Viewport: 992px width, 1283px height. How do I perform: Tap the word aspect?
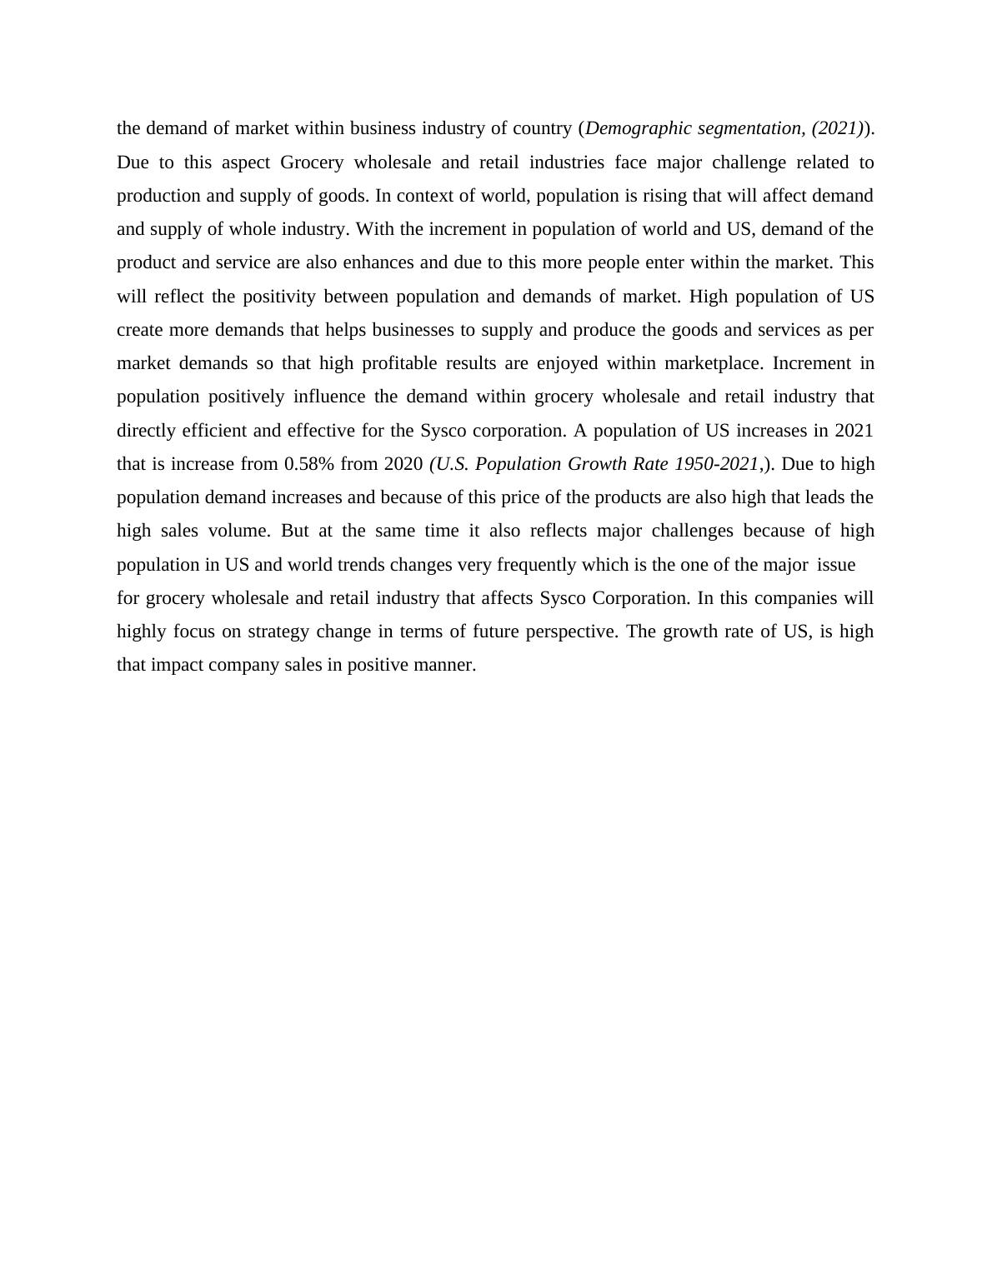(x=246, y=162)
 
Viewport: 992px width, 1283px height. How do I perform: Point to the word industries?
(x=567, y=162)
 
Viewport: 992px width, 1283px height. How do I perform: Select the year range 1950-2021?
(x=717, y=464)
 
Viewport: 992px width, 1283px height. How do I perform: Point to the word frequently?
(x=536, y=565)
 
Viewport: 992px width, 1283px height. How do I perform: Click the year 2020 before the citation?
(x=403, y=464)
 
